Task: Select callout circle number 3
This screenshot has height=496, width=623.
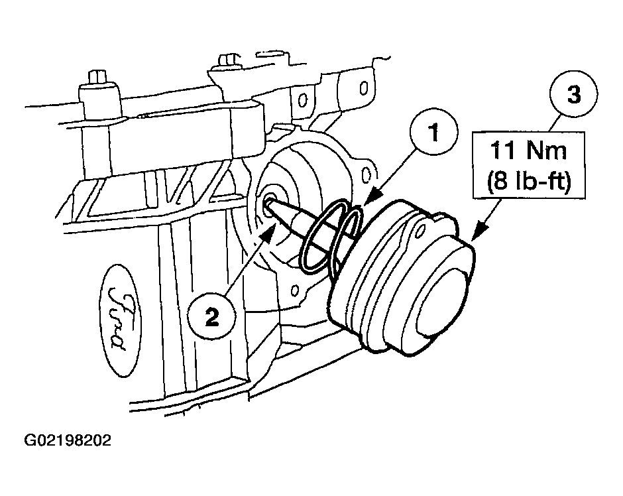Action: (574, 95)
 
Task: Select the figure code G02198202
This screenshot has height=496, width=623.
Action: (67, 440)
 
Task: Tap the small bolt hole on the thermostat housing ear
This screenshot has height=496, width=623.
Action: (420, 231)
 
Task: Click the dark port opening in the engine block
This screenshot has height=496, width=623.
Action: (270, 202)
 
